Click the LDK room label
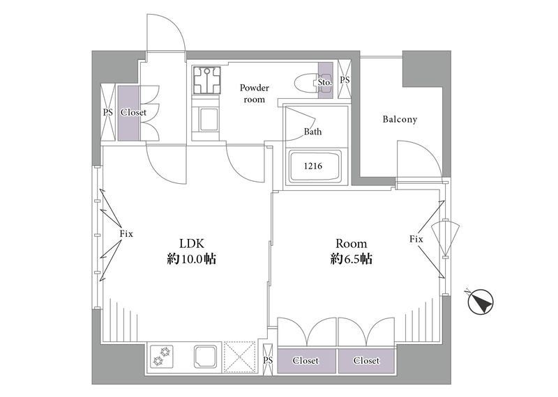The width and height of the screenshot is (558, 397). (191, 244)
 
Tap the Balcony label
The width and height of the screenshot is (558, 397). (400, 119)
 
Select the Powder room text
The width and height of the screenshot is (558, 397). (254, 93)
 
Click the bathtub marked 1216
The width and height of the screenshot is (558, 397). (315, 166)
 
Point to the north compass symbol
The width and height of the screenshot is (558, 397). (481, 302)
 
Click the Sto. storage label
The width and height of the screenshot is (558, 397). (325, 82)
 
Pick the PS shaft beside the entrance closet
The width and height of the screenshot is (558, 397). (108, 112)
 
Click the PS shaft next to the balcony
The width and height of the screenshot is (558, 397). (345, 79)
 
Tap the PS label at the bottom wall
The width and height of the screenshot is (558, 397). (268, 361)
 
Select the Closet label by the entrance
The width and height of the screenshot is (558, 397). (133, 113)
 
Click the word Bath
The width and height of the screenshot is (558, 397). (312, 132)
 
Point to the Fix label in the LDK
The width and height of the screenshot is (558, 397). (126, 234)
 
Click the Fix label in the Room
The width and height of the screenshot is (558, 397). (416, 239)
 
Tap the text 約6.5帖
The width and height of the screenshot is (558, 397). (352, 259)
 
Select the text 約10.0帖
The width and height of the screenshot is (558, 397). (191, 259)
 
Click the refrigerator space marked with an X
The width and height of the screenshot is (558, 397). (240, 357)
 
